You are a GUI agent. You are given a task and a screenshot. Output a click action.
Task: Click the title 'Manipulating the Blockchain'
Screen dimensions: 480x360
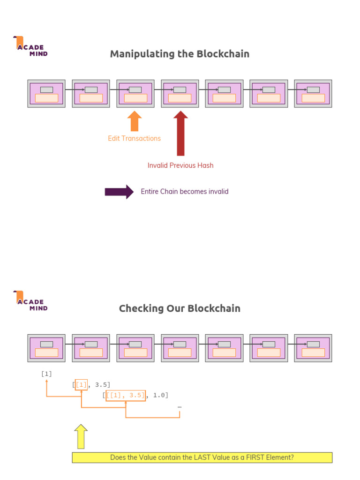[x=180, y=54]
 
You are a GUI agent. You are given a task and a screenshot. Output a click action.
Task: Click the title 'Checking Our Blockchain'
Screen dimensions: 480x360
[x=180, y=308]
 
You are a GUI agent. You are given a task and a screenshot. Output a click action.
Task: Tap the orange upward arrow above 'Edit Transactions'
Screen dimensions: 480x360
[x=134, y=121]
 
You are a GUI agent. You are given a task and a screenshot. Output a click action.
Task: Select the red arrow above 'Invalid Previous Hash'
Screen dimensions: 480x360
[x=180, y=133]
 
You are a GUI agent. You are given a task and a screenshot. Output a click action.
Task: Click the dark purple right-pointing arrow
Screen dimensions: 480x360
[x=119, y=192]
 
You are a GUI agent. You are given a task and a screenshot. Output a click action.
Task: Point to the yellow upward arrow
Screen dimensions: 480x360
[x=81, y=436]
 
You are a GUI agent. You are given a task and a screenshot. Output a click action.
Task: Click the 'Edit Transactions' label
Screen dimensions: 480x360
[x=134, y=138]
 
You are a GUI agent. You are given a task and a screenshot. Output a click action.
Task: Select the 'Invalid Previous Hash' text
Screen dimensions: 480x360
[x=180, y=165]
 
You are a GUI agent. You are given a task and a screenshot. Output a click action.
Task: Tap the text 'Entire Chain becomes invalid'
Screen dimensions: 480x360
[x=185, y=192]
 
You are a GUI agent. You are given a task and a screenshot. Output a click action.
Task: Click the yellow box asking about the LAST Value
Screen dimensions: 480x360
[x=202, y=457]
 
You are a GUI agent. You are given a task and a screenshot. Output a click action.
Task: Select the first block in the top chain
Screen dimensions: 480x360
[x=46, y=94]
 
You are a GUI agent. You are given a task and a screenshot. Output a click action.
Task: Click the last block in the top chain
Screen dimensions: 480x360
[x=313, y=94]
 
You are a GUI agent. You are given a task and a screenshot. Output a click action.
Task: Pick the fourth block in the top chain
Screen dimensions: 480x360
[x=180, y=94]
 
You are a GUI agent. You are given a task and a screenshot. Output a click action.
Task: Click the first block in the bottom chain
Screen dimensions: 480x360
[x=46, y=348]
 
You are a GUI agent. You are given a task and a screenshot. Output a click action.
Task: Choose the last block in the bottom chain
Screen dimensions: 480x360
[x=313, y=348]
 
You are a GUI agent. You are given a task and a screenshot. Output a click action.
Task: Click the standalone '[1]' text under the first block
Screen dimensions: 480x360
[x=46, y=374]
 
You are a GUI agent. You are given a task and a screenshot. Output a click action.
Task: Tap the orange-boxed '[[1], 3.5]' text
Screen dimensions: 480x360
[x=126, y=395]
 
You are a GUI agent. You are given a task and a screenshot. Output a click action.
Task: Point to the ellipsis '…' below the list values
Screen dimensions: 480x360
[x=180, y=407]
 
